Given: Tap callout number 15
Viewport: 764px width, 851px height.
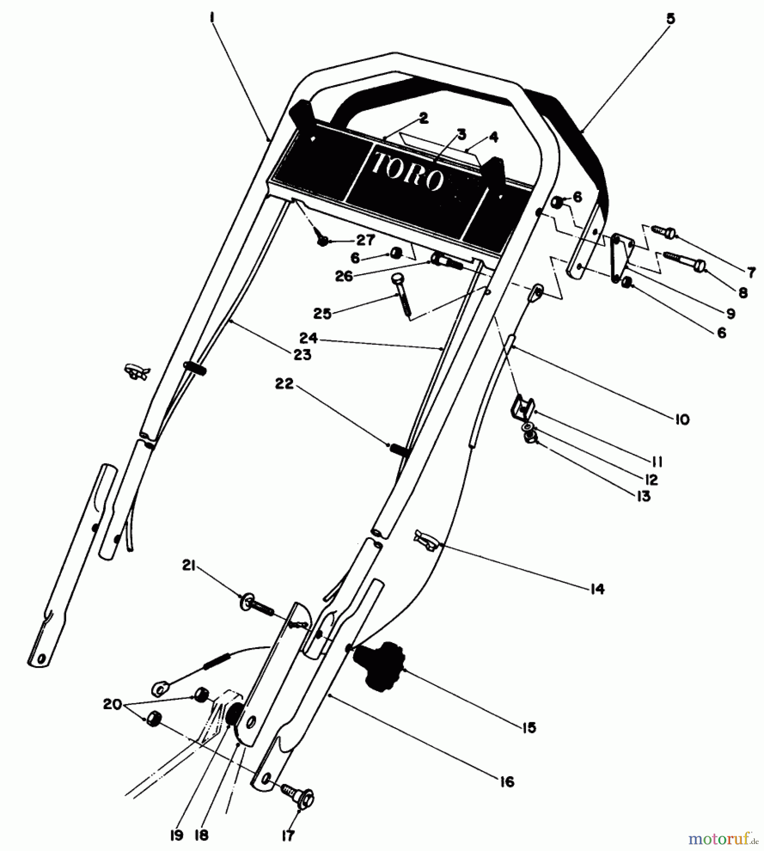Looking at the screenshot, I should (x=530, y=728).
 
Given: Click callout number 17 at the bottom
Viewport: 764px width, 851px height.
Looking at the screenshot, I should (x=288, y=836).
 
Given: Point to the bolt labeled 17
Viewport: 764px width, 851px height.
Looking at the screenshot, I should (x=300, y=799).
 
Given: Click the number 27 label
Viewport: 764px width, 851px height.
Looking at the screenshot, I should (x=365, y=240).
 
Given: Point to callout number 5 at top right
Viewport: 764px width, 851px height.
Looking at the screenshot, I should (x=670, y=19).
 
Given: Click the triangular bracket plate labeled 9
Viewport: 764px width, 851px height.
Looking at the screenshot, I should (x=620, y=255).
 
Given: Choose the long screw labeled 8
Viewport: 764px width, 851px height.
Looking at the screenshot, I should (x=686, y=260).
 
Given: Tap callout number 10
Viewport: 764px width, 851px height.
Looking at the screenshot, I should (x=682, y=419).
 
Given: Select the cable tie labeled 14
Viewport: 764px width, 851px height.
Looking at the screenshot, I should (x=427, y=540).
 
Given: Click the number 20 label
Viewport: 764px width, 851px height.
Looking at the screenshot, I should (x=113, y=705).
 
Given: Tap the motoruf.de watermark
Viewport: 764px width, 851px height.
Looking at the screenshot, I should (x=723, y=839).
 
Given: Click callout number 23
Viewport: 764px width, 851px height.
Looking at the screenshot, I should (x=303, y=355).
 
